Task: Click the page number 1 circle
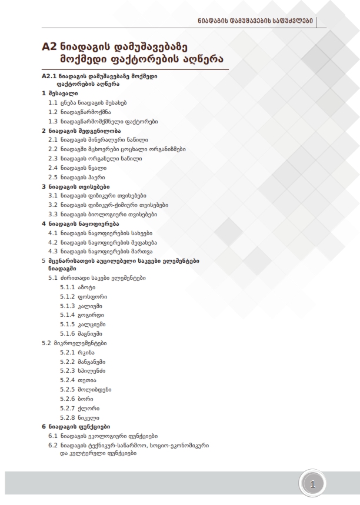(313, 484)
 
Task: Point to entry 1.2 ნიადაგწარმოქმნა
(79, 111)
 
